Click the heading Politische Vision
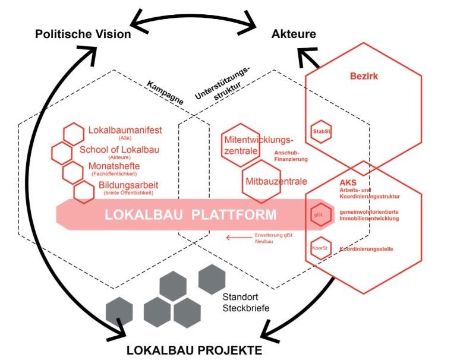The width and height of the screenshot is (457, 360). [x=83, y=34]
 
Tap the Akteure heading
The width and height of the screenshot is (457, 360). [x=294, y=34]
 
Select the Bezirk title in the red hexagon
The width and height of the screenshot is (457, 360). [x=363, y=77]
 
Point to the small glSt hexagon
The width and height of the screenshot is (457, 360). [x=319, y=214]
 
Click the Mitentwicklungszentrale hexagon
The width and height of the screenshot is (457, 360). [x=241, y=144]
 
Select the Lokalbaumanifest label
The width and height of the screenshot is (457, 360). [x=125, y=130]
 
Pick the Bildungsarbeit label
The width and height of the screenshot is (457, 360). [x=122, y=185]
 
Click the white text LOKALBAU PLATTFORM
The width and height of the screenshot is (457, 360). [x=190, y=214]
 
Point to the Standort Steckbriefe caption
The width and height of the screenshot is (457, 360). [x=245, y=302]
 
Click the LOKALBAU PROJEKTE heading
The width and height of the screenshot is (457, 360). [x=194, y=350]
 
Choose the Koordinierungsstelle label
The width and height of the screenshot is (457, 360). [x=367, y=248]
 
